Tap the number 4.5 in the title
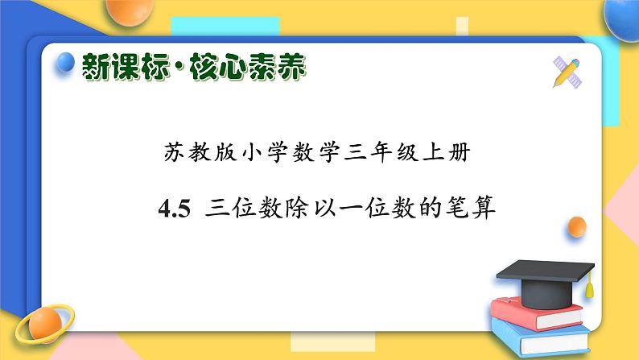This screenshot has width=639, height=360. (174, 210)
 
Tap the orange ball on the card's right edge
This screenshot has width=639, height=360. (576, 226)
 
